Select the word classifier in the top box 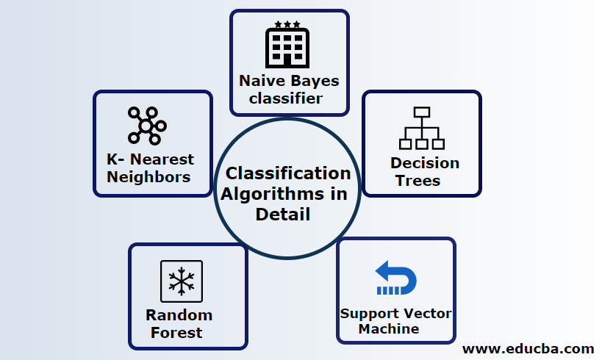[x=288, y=98]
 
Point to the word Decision [x=424, y=162]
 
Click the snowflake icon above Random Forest [x=181, y=282]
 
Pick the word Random [x=179, y=315]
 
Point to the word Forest [x=176, y=332]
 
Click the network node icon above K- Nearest [x=146, y=126]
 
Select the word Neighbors [x=148, y=176]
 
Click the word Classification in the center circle [x=287, y=173]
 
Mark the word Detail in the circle [x=282, y=215]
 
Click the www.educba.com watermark [x=528, y=348]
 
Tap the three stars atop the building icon [x=287, y=24]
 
